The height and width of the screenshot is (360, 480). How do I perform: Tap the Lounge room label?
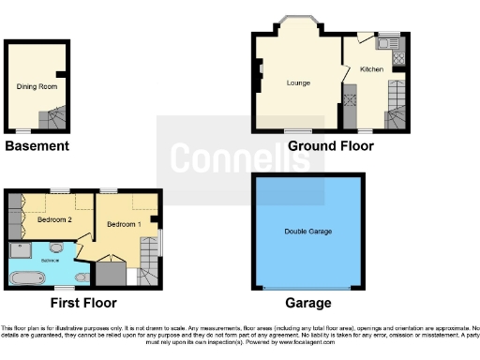298,83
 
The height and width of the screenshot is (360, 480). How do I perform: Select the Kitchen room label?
370,69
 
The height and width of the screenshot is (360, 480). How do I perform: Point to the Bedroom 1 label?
123,225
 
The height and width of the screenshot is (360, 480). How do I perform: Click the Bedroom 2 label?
53,220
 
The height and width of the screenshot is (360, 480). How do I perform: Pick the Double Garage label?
308,231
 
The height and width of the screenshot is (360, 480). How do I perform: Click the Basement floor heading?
37,146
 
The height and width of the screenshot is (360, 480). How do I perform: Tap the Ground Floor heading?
330,146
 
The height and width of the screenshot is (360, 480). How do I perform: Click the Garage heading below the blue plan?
308,303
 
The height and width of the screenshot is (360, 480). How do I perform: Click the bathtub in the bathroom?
31,277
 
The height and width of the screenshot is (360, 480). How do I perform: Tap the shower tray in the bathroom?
19,249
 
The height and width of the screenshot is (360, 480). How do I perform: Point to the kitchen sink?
385,43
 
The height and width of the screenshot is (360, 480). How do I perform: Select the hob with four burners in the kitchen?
397,58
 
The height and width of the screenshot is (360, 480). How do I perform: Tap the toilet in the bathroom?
81,277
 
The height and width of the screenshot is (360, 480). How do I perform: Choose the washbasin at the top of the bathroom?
57,247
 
